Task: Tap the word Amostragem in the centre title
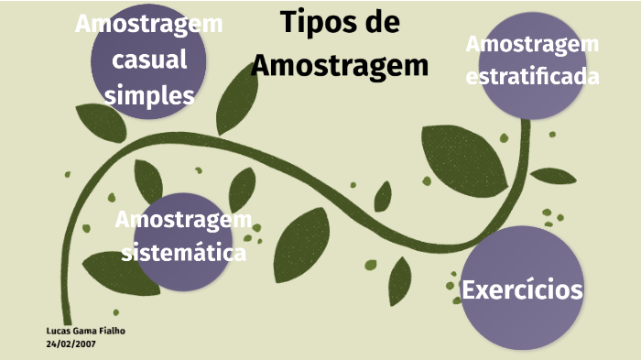point(340,65)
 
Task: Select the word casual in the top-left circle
point(149,60)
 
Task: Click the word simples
point(149,95)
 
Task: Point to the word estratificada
point(532,76)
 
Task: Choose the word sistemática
point(184,252)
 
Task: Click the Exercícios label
point(522,290)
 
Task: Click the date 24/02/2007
point(71,344)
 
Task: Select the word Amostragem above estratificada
point(532,43)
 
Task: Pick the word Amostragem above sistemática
point(184,220)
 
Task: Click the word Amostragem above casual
point(149,24)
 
